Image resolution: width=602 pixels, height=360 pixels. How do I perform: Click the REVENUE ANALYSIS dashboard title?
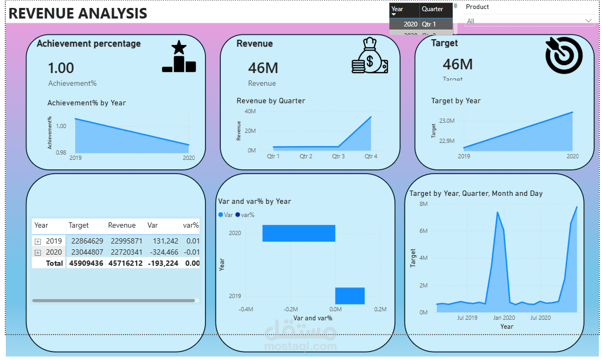[78, 13]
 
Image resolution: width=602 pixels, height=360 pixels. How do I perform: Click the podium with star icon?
[179, 57]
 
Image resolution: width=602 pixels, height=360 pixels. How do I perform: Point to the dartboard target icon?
[564, 55]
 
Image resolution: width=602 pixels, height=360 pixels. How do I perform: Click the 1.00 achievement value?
[61, 68]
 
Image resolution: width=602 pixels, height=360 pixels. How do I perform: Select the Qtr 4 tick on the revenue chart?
[371, 157]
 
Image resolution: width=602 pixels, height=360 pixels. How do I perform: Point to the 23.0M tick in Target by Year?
[447, 121]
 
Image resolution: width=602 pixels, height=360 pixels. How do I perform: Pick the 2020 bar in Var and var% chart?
[299, 233]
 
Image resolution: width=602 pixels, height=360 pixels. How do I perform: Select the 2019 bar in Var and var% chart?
[350, 295]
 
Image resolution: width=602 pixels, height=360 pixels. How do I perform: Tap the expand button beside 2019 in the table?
[38, 241]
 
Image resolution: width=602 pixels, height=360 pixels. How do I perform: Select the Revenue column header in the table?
[122, 226]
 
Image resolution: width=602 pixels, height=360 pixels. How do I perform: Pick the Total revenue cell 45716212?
[125, 263]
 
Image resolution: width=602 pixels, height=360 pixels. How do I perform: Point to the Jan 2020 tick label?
[504, 318]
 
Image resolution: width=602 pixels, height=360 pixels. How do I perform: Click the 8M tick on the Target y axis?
[423, 204]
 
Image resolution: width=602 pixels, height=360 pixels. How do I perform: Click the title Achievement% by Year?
[87, 103]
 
